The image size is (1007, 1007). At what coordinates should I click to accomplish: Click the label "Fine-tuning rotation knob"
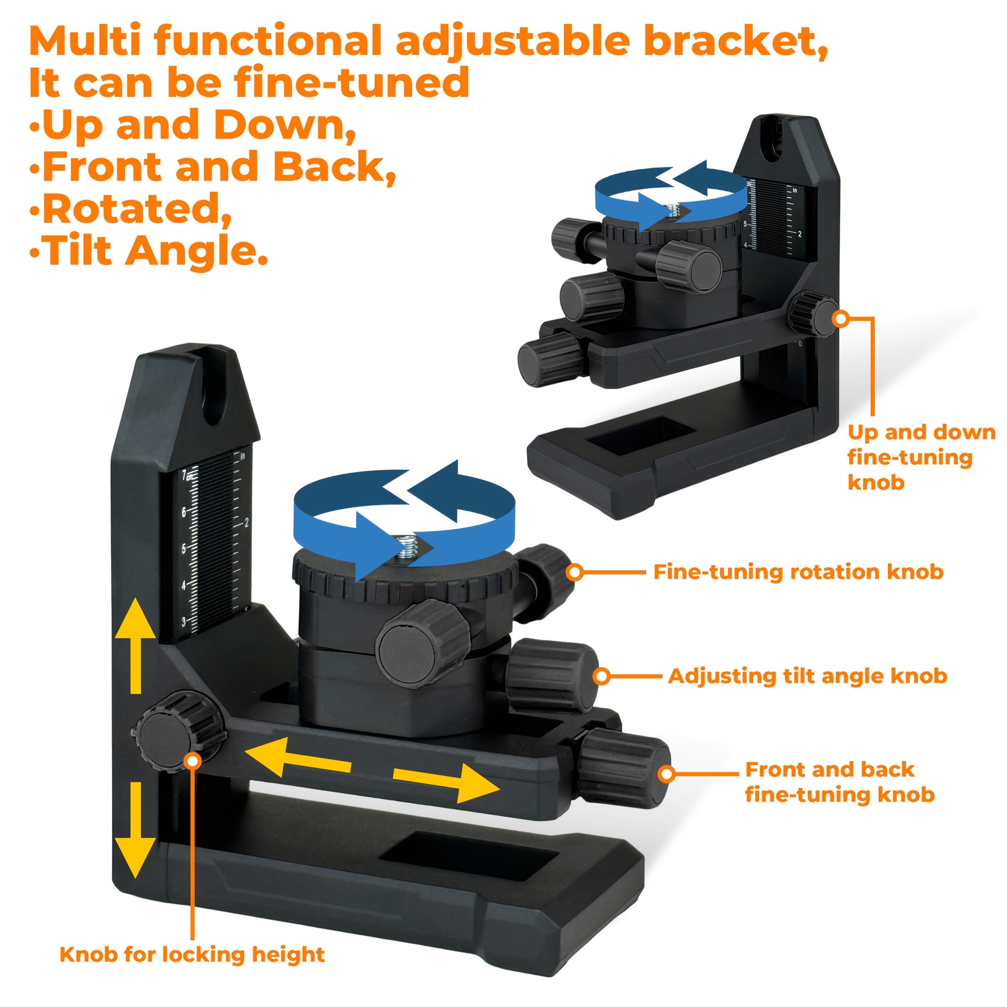[798, 572]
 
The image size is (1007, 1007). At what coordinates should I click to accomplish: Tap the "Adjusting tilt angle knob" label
[807, 676]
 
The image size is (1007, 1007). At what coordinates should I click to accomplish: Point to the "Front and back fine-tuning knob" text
[840, 782]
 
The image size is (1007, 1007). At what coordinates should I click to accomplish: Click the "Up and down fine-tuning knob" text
[921, 457]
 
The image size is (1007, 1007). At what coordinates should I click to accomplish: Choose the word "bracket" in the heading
[736, 42]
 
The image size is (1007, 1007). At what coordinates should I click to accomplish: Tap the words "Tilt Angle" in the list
[155, 251]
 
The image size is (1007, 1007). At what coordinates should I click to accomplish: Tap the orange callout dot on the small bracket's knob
[841, 319]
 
